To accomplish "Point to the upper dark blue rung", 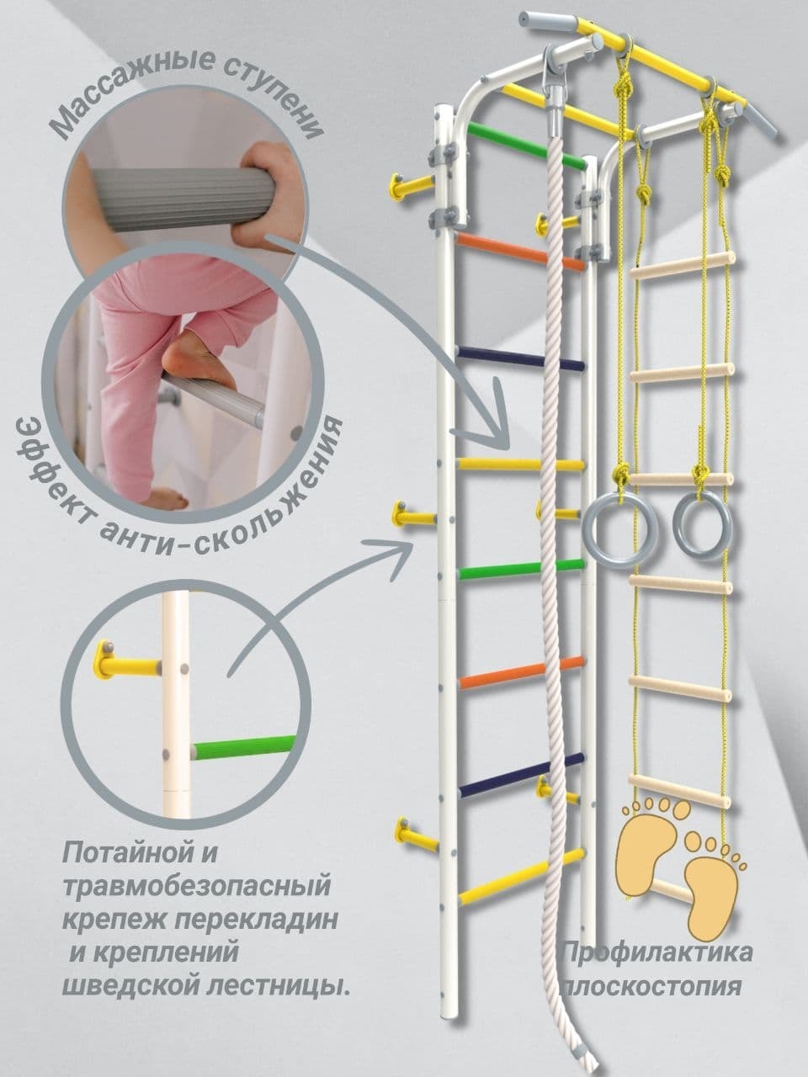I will (519, 358).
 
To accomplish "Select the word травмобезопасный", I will (194, 886).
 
